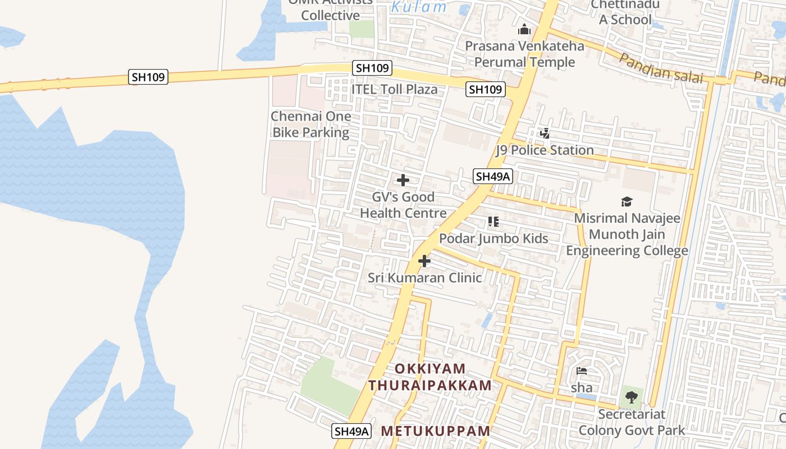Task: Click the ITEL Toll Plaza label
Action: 394,89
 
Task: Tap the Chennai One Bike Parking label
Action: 310,125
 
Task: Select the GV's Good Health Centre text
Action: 403,205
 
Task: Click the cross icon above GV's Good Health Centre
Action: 403,180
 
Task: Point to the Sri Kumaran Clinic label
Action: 424,277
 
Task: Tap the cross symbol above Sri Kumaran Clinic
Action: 424,261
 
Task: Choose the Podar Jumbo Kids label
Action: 493,238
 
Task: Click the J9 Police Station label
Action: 544,150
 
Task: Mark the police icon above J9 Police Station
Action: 545,134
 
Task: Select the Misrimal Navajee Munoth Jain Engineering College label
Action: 627,234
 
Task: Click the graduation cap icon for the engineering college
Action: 627,202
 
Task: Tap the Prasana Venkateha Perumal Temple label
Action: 524,54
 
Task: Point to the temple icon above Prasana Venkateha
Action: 524,29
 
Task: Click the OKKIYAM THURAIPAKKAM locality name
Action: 430,377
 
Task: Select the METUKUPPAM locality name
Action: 436,431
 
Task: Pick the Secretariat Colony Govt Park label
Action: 632,422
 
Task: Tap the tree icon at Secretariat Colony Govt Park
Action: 632,397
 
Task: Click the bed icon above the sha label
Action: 582,371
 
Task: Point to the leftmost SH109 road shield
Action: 148,77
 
